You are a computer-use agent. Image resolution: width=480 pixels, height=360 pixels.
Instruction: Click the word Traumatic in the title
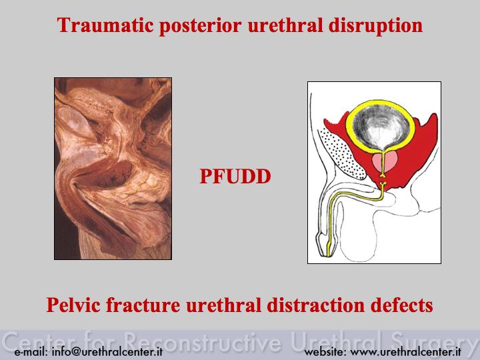[x=105, y=25]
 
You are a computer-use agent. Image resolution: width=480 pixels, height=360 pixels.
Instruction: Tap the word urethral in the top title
[x=285, y=25]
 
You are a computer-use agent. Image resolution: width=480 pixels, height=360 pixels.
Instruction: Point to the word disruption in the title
[x=375, y=26]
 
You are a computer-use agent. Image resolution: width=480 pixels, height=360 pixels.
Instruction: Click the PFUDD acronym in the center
[x=235, y=176]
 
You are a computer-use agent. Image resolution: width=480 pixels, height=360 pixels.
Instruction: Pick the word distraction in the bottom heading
[x=316, y=305]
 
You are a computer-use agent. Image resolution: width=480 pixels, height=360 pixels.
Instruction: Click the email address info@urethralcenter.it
[x=107, y=352]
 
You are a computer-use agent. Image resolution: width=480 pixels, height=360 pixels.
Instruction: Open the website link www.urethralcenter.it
[x=405, y=352]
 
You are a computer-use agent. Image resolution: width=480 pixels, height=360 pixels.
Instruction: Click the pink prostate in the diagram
[x=385, y=163]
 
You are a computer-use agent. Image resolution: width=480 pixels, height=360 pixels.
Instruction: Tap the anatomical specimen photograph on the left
[x=113, y=169]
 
